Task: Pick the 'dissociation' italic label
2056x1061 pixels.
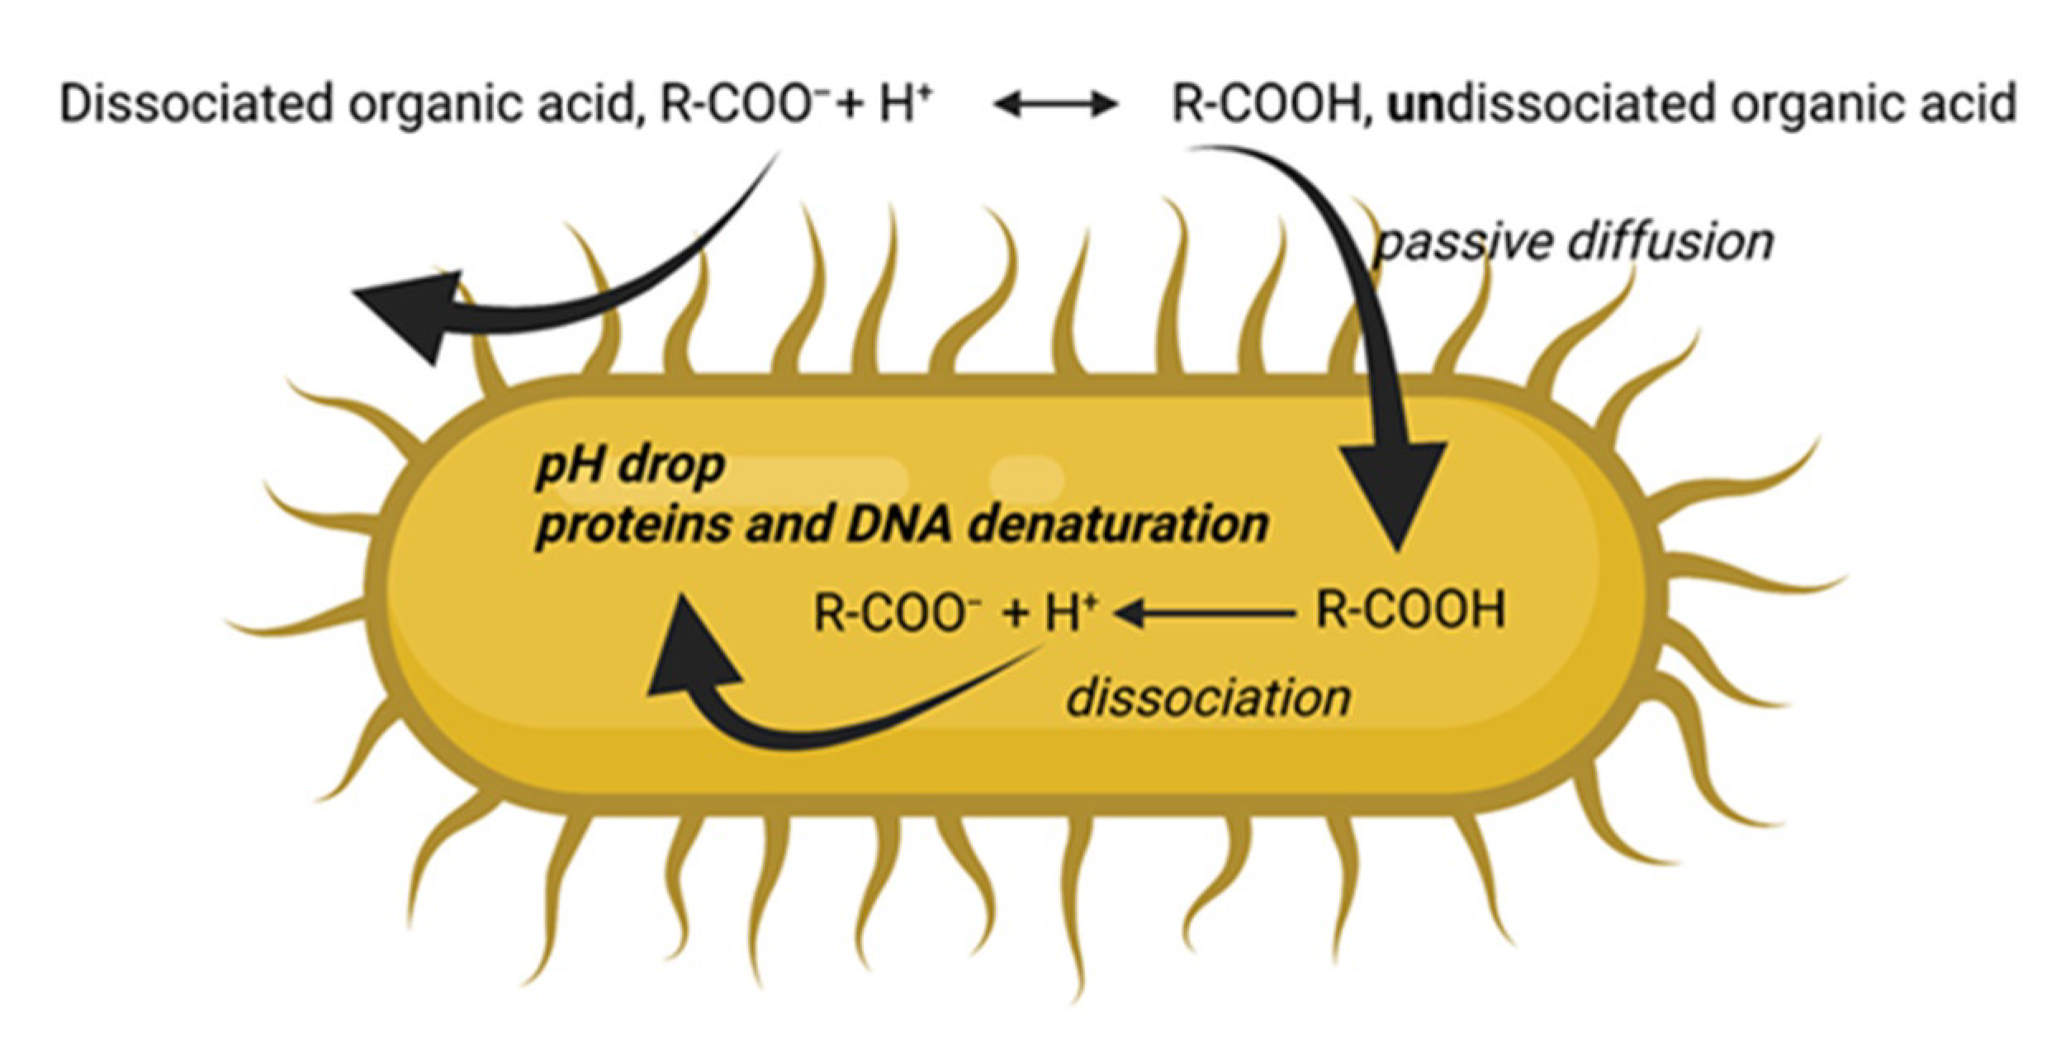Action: pos(1208,698)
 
